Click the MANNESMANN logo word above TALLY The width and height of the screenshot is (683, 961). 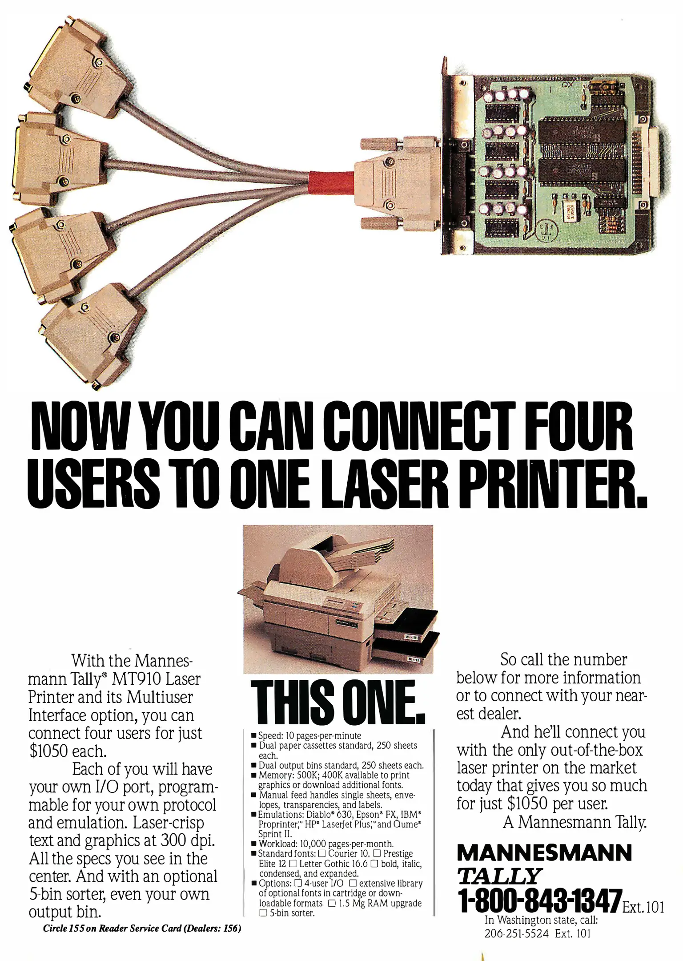tap(544, 852)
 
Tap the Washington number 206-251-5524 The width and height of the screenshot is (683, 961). tap(516, 933)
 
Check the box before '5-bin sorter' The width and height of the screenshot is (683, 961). tap(263, 913)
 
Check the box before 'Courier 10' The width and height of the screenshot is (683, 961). tap(322, 854)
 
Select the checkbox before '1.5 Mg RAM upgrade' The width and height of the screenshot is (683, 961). tap(331, 904)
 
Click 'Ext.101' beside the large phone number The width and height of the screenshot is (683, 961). tap(643, 906)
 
